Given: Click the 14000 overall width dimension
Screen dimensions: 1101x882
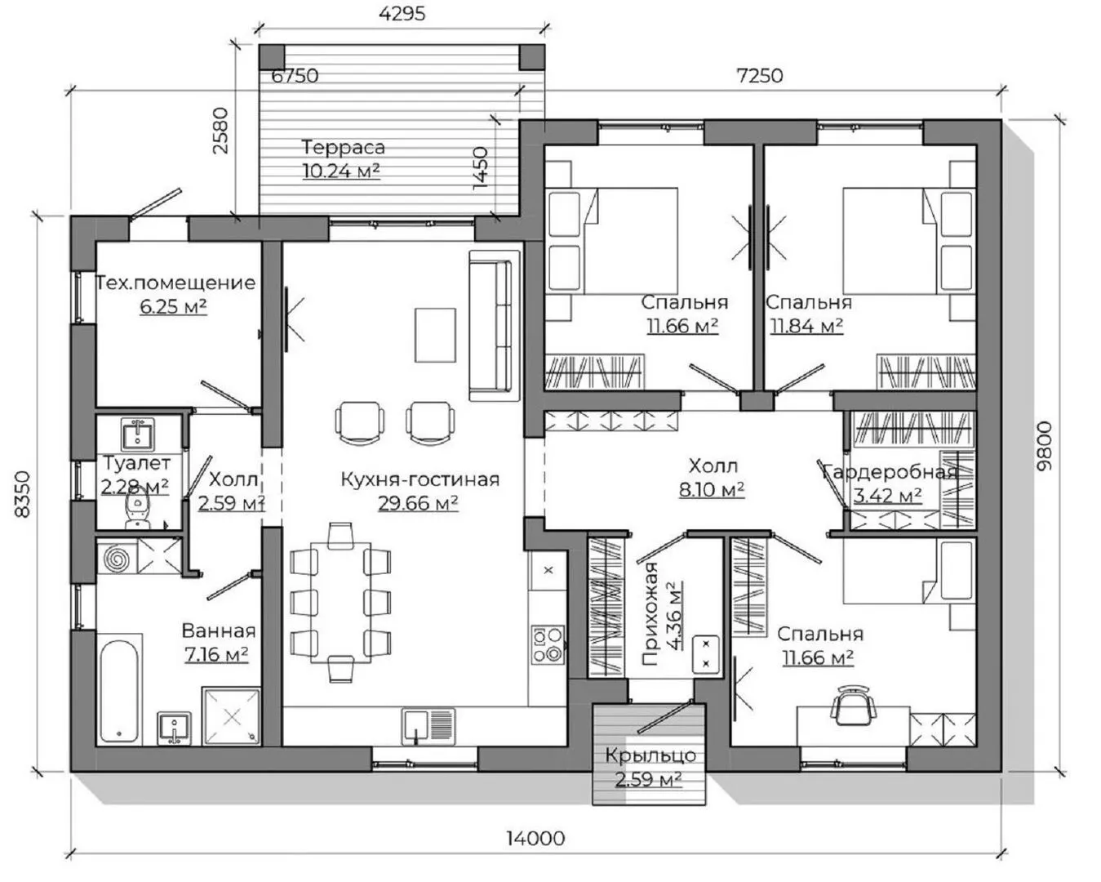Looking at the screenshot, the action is pos(535,839).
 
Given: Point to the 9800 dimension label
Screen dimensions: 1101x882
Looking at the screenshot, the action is pos(1044,446).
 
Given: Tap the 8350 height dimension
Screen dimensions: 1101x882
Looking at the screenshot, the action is pos(23,495).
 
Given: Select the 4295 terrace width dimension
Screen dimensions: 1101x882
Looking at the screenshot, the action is pos(402,13).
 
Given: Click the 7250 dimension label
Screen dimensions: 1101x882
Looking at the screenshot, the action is pos(759,76).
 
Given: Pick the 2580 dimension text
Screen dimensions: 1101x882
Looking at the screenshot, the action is pos(220,130).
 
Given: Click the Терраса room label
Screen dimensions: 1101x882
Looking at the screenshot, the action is pos(343,147).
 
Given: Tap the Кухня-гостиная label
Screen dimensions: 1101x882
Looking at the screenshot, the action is pos(420,479).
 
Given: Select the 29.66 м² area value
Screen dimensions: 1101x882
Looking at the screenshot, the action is pos(418,503).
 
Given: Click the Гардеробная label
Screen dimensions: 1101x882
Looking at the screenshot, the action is pos(889,472).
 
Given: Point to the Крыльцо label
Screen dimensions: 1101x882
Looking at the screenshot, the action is pos(650,755).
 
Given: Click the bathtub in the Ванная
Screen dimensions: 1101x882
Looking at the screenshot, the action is pos(119,689).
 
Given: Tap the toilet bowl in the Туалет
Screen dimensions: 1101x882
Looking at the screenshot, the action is pos(137,510).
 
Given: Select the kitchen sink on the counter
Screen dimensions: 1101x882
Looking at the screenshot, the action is pos(428,726).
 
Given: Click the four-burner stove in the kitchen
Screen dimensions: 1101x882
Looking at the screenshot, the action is pos(548,645).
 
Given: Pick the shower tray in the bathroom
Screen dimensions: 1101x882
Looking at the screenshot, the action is pos(231,716).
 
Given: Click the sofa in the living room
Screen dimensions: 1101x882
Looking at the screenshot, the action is pos(495,326).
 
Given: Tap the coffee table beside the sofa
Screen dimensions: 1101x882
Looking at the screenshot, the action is pos(435,335).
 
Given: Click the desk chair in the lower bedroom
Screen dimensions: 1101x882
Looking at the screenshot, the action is pos(852,706).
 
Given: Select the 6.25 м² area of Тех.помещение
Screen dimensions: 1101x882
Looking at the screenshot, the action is pos(173,306).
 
